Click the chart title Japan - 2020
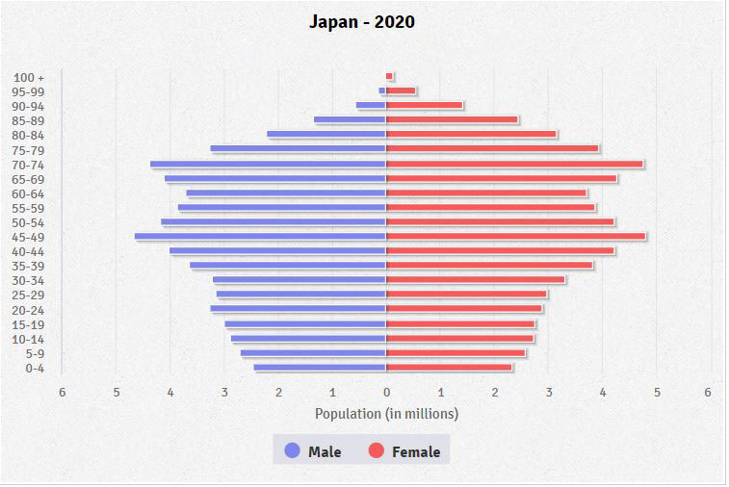[362, 21]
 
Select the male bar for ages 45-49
[260, 236]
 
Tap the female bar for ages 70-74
[514, 164]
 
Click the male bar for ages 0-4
[320, 367]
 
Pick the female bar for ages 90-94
[424, 105]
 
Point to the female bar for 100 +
[389, 76]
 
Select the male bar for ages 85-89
[350, 119]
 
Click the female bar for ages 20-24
[463, 309]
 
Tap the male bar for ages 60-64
[286, 192]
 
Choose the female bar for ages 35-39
[489, 265]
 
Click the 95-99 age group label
[29, 91]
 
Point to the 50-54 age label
[29, 222]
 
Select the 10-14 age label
[29, 339]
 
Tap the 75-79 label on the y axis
[29, 150]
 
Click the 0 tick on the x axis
[386, 392]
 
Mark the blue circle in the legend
[292, 450]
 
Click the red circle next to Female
[376, 450]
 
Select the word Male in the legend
[325, 451]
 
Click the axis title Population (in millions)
[386, 414]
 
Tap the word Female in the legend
[416, 451]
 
